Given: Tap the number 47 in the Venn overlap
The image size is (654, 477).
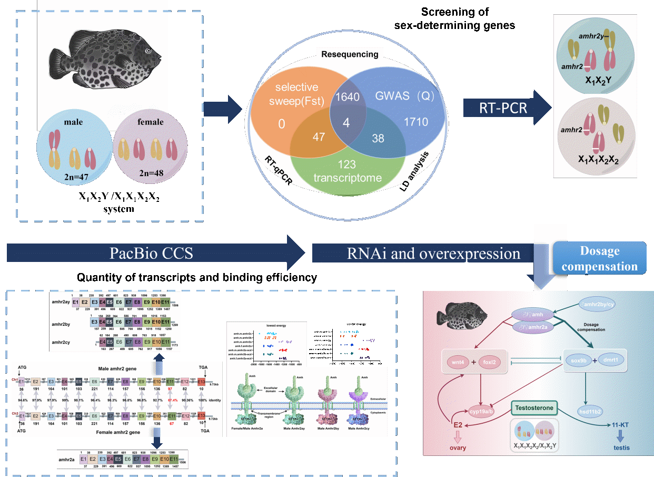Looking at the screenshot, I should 319,137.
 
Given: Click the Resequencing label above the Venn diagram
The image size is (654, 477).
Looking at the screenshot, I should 350,54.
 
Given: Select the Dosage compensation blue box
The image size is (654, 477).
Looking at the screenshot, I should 600,258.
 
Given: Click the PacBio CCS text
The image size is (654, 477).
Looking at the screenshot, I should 152,253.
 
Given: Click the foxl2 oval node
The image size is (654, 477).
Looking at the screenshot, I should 497,362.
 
